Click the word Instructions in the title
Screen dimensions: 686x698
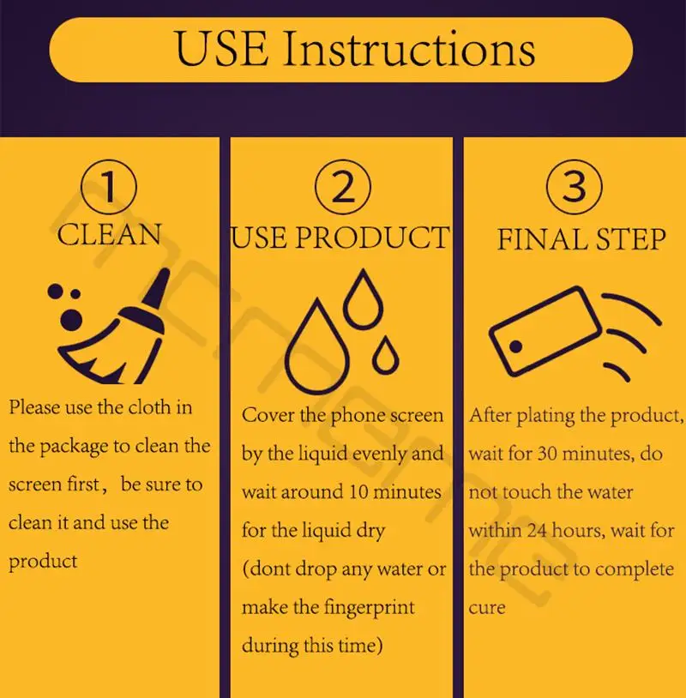[409, 49]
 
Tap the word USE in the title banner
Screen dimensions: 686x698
[222, 49]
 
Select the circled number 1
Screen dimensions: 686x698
[109, 188]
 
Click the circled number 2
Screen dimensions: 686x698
[343, 187]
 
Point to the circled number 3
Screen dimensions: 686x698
[575, 187]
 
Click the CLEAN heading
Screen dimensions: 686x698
[109, 235]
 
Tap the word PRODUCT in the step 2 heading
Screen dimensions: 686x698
[371, 238]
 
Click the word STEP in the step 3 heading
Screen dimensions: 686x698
[631, 239]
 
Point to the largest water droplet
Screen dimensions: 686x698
[317, 347]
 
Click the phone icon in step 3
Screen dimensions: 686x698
[545, 332]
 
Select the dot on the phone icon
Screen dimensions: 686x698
[515, 346]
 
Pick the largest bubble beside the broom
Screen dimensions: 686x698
[71, 319]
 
